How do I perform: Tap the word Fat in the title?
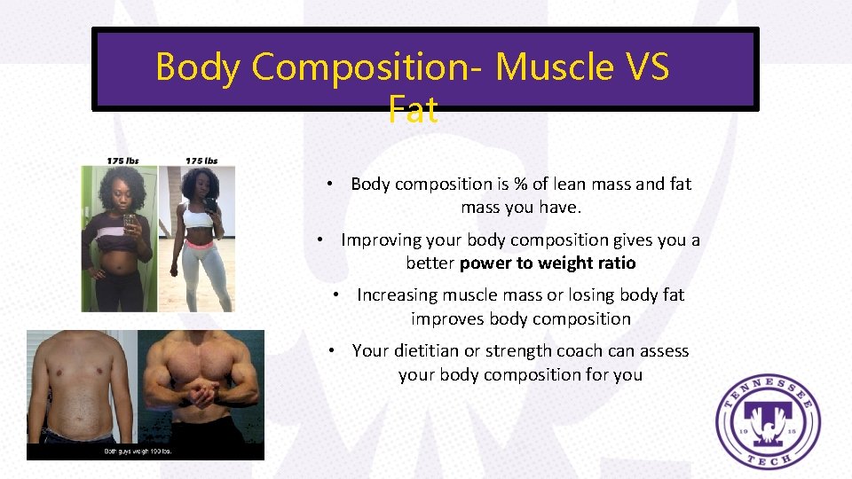[x=413, y=110]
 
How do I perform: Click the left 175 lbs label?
[x=122, y=161]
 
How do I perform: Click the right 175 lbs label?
[x=201, y=161]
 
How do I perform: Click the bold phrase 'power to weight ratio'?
[x=548, y=263]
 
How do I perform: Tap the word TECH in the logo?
[x=769, y=457]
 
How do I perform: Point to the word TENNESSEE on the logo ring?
[x=769, y=382]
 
